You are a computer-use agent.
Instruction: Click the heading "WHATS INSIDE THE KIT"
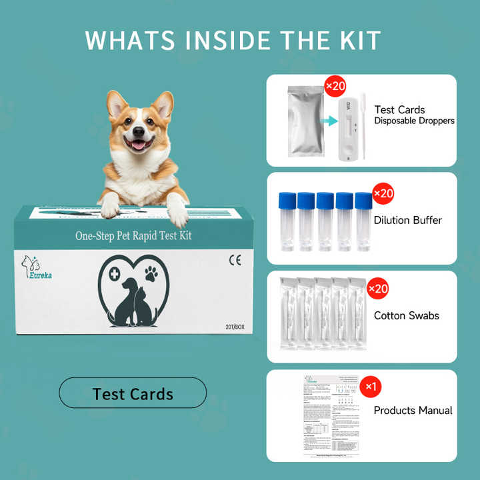233,40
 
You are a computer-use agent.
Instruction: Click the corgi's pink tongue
139,145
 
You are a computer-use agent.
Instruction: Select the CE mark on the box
235,261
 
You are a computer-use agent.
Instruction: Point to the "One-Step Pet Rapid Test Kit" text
133,236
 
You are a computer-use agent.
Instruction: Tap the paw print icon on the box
151,273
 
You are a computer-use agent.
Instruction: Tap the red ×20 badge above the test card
335,87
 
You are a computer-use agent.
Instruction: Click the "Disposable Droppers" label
414,121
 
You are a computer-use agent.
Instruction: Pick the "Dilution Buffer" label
407,220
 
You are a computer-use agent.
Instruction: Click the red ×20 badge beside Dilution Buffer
383,194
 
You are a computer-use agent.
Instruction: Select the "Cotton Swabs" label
406,315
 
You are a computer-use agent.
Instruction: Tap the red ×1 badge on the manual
370,386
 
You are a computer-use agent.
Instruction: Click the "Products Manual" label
413,410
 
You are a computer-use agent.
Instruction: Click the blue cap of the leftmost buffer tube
287,201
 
